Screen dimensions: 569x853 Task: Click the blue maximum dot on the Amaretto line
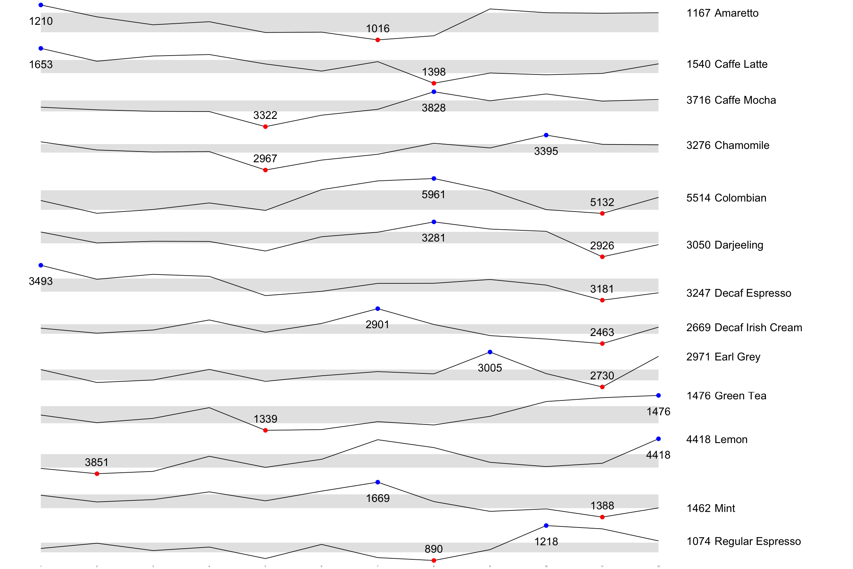[41, 5]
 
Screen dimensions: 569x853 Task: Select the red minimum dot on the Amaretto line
[378, 40]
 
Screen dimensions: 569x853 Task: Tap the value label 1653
[41, 64]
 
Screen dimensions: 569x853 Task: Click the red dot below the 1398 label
[434, 83]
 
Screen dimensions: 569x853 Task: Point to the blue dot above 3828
[434, 92]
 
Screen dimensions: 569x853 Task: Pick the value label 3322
[265, 115]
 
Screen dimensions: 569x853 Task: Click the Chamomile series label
[727, 145]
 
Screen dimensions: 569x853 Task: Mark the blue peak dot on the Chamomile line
[546, 135]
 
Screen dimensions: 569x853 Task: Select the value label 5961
[434, 194]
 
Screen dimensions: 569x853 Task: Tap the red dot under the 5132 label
[602, 213]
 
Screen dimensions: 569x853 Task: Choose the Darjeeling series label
[725, 245]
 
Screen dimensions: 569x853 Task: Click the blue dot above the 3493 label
[41, 265]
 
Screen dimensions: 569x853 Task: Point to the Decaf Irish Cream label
[744, 327]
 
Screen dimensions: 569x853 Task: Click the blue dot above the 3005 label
[490, 352]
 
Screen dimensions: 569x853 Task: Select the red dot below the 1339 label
[265, 430]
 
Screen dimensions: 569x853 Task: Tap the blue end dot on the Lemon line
[658, 439]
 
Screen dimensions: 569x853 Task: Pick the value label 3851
[97, 462]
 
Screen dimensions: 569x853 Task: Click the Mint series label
[710, 508]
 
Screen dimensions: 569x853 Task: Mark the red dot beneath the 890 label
[434, 560]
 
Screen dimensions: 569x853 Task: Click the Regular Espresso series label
[743, 541]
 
